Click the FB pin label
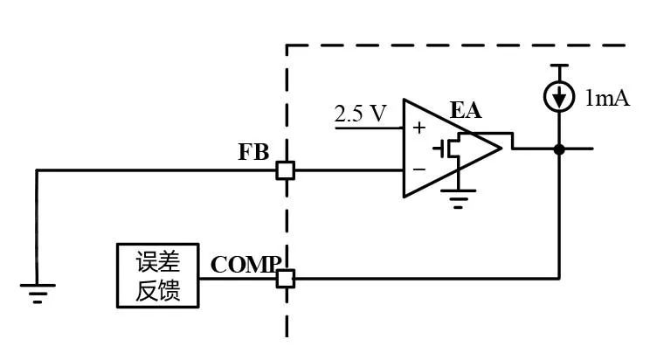pyautogui.click(x=253, y=152)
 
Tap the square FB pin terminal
pyautogui.click(x=286, y=170)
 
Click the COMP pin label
pyautogui.click(x=245, y=265)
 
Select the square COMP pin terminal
pyautogui.click(x=286, y=279)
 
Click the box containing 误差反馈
pyautogui.click(x=158, y=276)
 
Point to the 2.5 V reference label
pyautogui.click(x=360, y=114)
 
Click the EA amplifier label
pyautogui.click(x=466, y=111)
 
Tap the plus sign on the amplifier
pyautogui.click(x=419, y=128)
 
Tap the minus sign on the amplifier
pyautogui.click(x=419, y=170)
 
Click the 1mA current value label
pyautogui.click(x=607, y=99)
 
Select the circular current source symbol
pyautogui.click(x=559, y=97)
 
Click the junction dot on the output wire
pyautogui.click(x=559, y=149)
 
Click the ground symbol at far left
pyautogui.click(x=38, y=294)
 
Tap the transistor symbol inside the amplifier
pyautogui.click(x=450, y=148)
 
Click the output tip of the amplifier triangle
pyautogui.click(x=501, y=148)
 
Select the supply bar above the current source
pyautogui.click(x=559, y=66)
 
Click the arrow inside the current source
pyautogui.click(x=559, y=99)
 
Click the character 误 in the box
pyautogui.click(x=146, y=262)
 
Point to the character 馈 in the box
pyautogui.click(x=169, y=290)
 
